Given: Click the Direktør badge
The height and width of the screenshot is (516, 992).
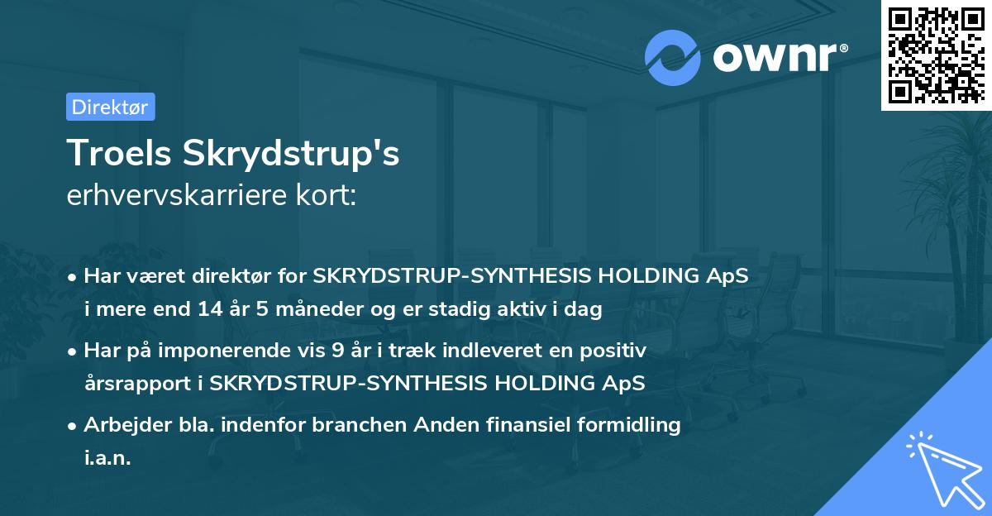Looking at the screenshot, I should [x=110, y=107].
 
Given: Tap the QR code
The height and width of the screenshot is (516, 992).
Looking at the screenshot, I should [x=936, y=55].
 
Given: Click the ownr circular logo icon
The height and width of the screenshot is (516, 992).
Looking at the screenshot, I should [x=673, y=57].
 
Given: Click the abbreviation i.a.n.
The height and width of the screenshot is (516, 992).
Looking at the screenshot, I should [x=107, y=458].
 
